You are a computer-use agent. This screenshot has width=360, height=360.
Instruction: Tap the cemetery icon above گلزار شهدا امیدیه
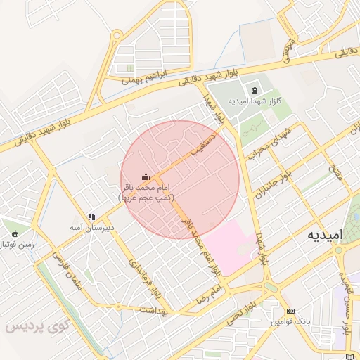(x=254, y=91)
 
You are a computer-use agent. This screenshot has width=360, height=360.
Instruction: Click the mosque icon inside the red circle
(x=146, y=176)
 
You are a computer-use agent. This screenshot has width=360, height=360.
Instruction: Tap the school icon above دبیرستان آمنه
(x=91, y=217)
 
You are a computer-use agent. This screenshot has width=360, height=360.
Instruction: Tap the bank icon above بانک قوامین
(x=291, y=311)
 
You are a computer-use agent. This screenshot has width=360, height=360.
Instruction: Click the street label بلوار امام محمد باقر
(x=202, y=250)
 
